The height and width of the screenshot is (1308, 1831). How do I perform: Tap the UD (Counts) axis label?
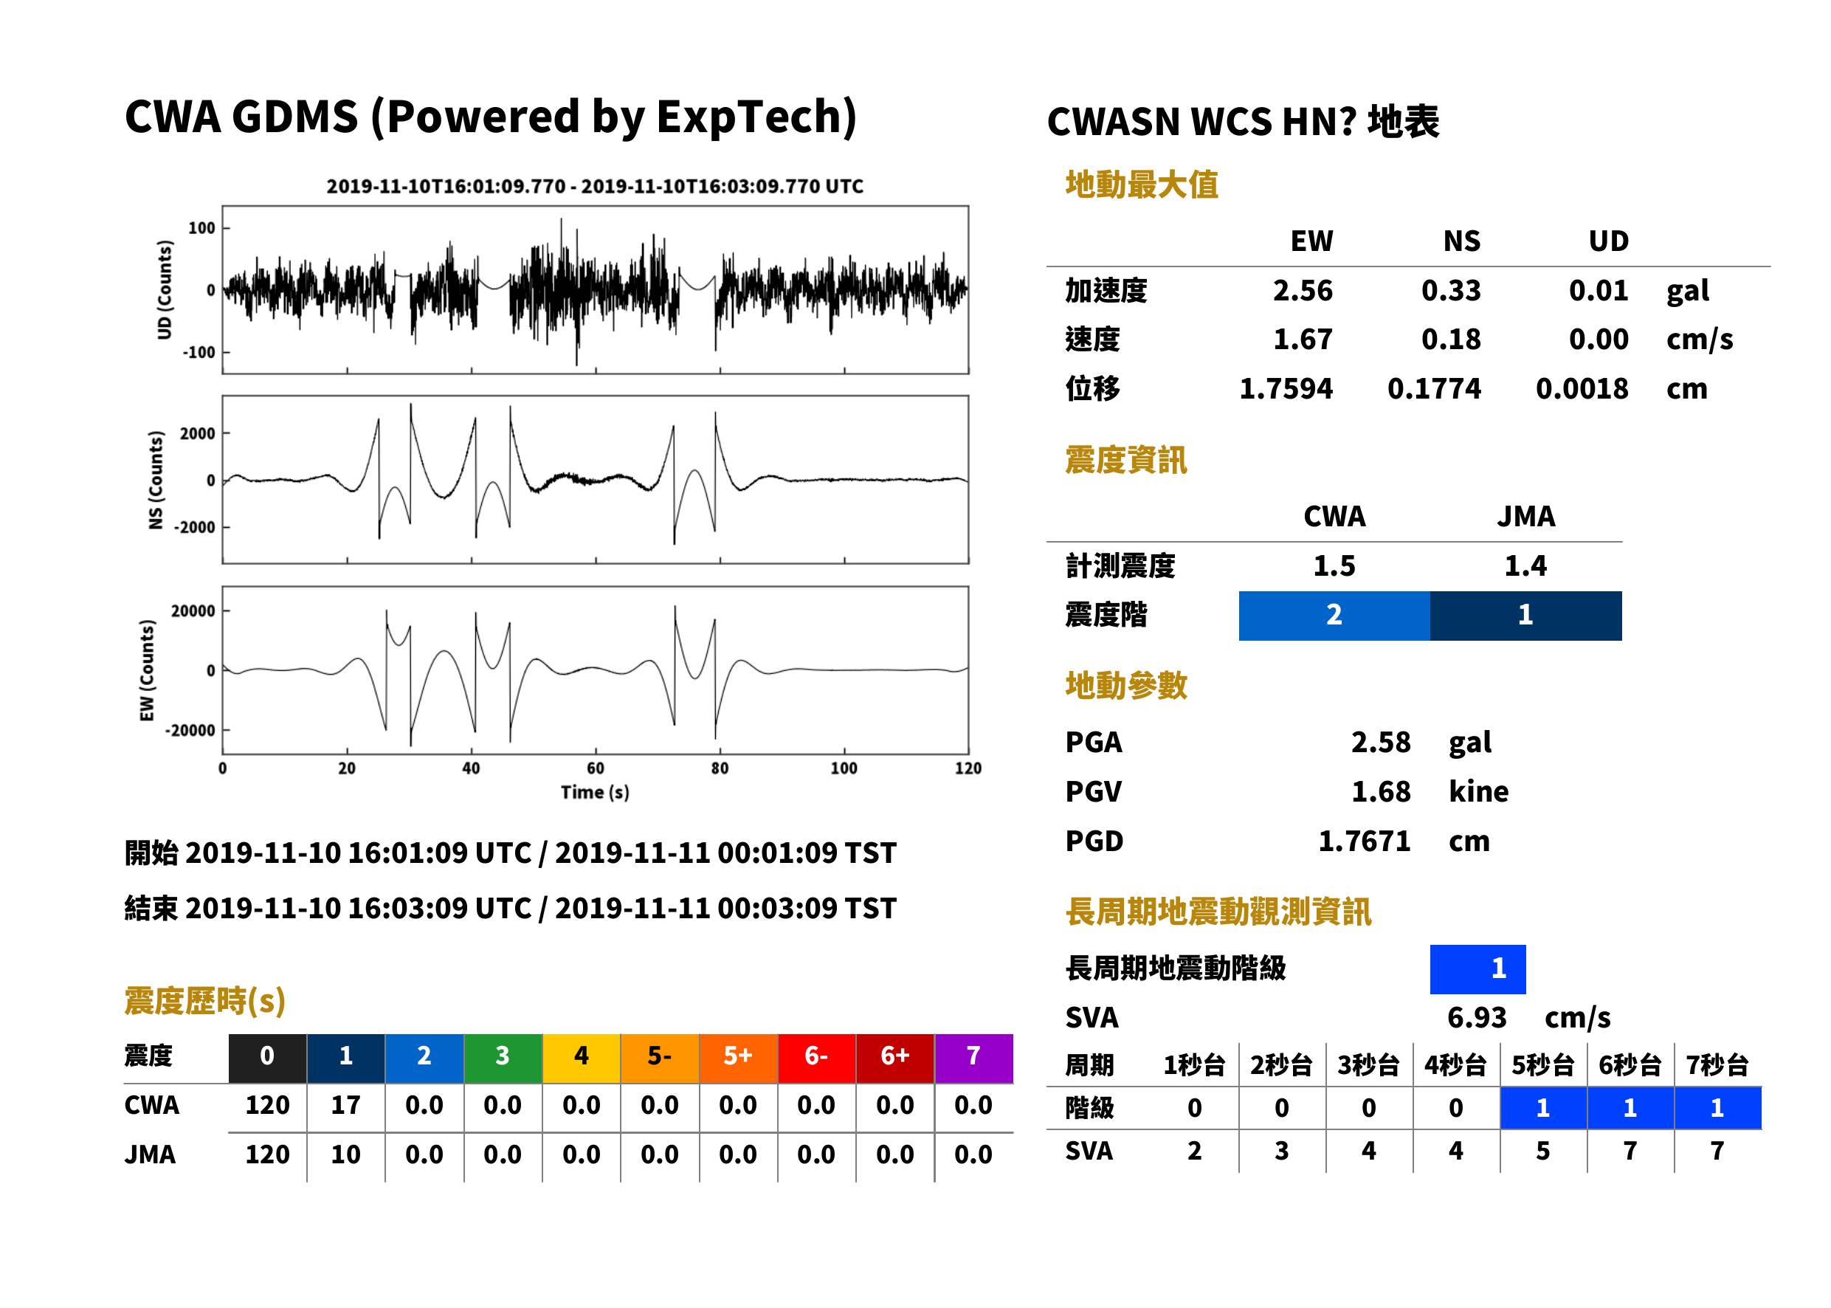[165, 290]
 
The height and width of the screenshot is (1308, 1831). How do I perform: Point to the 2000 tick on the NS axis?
[197, 433]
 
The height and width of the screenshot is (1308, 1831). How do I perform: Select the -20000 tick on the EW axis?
[190, 731]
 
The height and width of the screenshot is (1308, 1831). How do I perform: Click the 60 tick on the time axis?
[595, 768]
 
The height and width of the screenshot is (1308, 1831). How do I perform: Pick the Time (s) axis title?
[595, 793]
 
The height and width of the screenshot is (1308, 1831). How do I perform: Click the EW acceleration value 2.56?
[1302, 291]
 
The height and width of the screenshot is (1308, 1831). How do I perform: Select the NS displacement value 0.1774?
[1434, 389]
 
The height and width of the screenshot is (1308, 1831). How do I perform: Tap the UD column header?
[1608, 241]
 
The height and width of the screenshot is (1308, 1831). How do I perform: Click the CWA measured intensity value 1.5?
[1334, 566]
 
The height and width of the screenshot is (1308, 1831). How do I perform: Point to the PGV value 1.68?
[1381, 792]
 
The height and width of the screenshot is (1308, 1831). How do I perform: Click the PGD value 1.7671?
[1364, 841]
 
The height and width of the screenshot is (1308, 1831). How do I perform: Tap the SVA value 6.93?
[1477, 1018]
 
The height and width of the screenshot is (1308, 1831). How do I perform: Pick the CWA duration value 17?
[345, 1105]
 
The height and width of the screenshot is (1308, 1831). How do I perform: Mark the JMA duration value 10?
[345, 1155]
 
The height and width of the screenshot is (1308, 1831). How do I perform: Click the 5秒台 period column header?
[1542, 1066]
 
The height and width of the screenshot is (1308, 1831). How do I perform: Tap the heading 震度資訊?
[1125, 461]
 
